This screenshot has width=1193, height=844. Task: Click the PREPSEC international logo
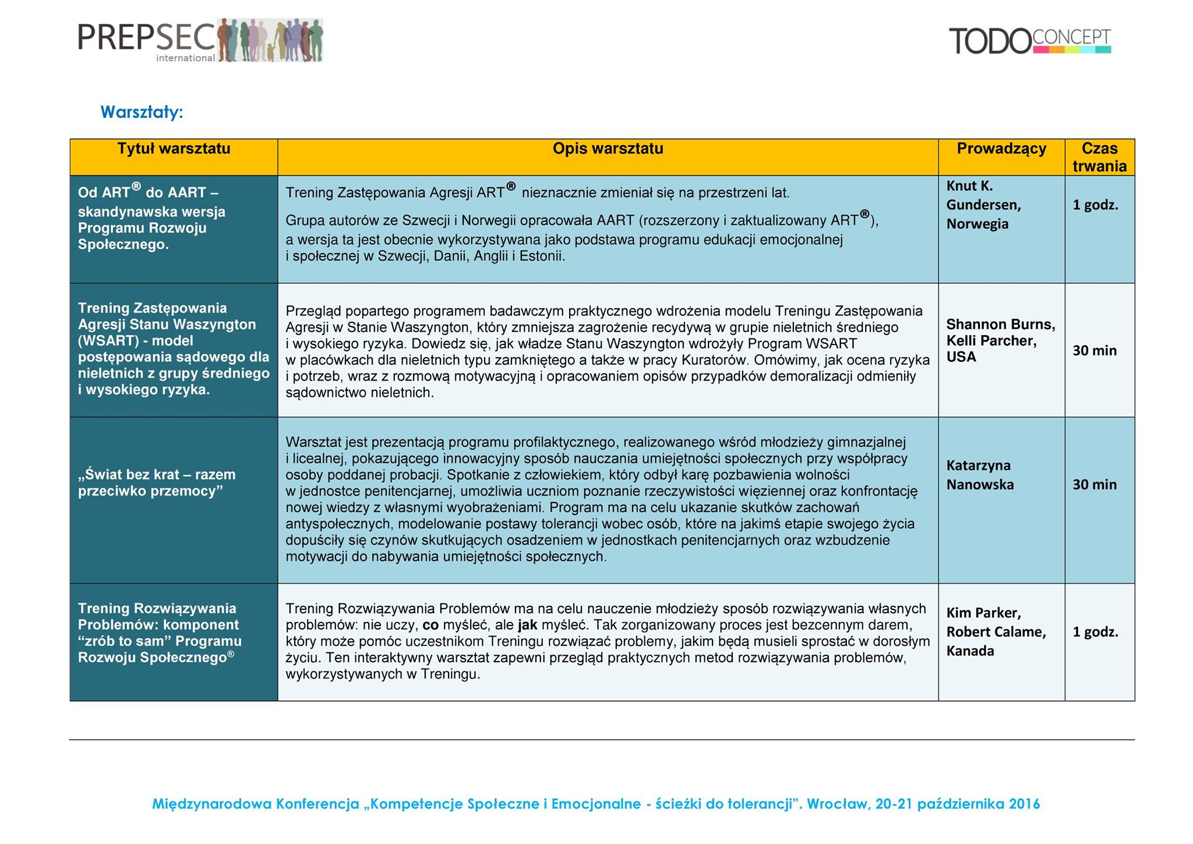click(x=200, y=40)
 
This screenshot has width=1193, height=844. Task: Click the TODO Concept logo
click(x=1030, y=41)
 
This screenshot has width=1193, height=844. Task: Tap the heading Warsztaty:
click(x=142, y=112)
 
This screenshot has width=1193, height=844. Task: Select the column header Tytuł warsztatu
click(x=174, y=149)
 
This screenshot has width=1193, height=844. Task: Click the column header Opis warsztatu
click(x=608, y=149)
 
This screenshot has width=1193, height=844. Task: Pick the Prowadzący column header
click(x=1001, y=149)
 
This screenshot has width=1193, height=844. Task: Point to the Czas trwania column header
click(x=1099, y=157)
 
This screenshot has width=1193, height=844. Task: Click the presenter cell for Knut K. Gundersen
click(x=983, y=205)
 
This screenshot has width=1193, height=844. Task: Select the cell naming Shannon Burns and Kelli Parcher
click(x=1000, y=340)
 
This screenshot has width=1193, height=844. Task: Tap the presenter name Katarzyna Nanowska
click(x=979, y=475)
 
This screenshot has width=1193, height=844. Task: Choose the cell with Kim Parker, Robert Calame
click(x=996, y=632)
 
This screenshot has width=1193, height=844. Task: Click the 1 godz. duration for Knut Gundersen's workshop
click(x=1095, y=205)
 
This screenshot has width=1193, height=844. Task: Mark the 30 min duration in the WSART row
click(x=1095, y=351)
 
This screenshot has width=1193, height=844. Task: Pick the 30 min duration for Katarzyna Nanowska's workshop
click(x=1095, y=485)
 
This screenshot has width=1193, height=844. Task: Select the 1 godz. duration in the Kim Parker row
click(x=1095, y=632)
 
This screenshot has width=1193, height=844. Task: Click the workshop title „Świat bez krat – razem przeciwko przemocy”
click(x=156, y=483)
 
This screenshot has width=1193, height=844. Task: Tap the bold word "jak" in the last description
click(x=527, y=625)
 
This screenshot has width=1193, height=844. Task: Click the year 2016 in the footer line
click(x=1024, y=804)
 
